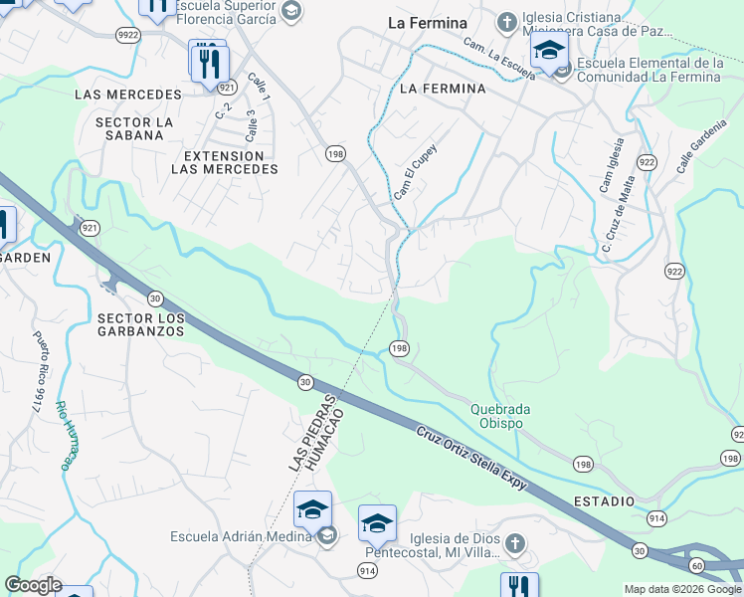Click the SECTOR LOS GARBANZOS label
click(x=141, y=324)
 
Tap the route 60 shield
click(x=696, y=565)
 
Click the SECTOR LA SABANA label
click(x=135, y=128)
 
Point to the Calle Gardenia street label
click(x=698, y=150)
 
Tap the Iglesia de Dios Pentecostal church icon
click(x=514, y=543)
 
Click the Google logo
click(x=33, y=585)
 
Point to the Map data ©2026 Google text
click(x=682, y=589)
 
